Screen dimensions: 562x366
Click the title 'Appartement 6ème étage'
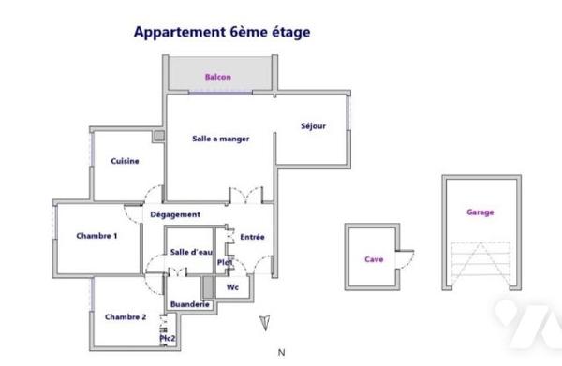click(x=221, y=32)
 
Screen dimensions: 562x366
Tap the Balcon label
click(x=218, y=77)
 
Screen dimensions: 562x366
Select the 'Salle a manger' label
click(x=220, y=139)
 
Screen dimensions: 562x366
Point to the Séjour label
click(x=313, y=126)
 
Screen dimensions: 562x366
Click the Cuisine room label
click(x=125, y=161)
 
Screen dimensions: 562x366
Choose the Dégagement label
click(x=175, y=214)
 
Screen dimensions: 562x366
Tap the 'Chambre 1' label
click(x=96, y=236)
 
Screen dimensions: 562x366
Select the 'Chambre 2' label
click(x=125, y=316)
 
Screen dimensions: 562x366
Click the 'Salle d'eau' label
click(x=191, y=251)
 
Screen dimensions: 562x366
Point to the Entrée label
click(x=252, y=237)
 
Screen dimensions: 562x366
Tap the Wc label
click(x=232, y=287)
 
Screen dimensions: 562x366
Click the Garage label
click(x=480, y=212)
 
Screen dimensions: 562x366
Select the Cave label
click(x=373, y=260)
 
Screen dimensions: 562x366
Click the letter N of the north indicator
click(x=281, y=353)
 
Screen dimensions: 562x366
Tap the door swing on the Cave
click(x=406, y=254)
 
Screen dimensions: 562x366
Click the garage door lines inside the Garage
click(x=480, y=261)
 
